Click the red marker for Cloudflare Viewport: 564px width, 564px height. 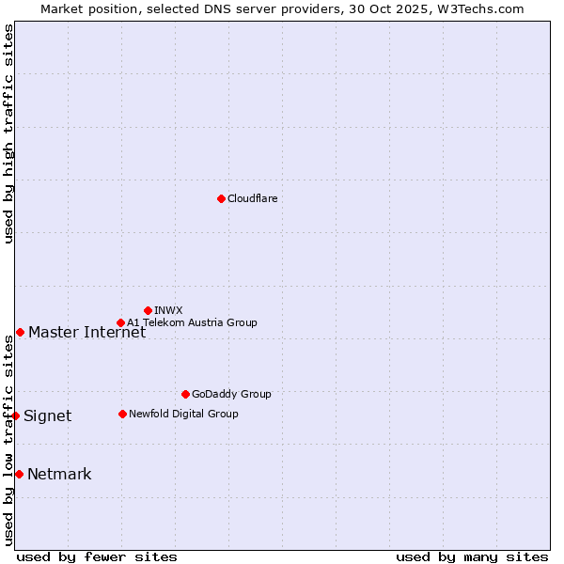point(221,198)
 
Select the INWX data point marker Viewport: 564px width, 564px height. point(148,310)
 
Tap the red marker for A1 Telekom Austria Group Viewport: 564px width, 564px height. point(120,322)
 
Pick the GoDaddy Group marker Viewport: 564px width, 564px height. point(185,394)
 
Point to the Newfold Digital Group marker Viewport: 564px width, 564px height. point(122,414)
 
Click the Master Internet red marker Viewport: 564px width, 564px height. point(20,332)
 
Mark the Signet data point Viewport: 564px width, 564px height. point(15,415)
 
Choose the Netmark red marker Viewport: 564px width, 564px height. point(19,474)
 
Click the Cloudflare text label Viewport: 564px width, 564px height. point(252,198)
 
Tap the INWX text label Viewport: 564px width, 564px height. point(168,310)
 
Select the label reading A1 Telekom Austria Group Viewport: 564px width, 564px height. point(192,322)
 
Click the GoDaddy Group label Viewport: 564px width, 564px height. point(231,394)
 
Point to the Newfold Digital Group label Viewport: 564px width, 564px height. point(183,414)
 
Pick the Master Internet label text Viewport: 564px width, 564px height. point(86,332)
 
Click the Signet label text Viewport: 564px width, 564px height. point(47,415)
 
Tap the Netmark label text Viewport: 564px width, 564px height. point(59,474)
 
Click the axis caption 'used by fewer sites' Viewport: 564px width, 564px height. point(97,556)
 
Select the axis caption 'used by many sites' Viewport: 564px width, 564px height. point(472,556)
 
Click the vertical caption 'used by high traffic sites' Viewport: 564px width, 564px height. point(8,134)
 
